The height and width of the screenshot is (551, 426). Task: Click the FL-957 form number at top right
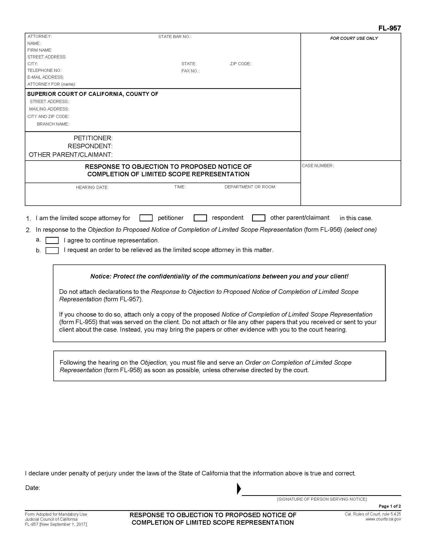(389, 28)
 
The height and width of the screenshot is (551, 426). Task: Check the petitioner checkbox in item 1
(146, 218)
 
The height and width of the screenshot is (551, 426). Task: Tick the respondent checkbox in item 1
(200, 218)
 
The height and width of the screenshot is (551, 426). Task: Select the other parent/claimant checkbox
(258, 218)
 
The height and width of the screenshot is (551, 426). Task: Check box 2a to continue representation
(52, 240)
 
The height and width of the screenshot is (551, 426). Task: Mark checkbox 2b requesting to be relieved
(52, 250)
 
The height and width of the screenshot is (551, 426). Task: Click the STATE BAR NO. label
(175, 37)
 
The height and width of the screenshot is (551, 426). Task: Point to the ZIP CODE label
(240, 64)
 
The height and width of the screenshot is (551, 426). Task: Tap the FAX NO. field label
(190, 71)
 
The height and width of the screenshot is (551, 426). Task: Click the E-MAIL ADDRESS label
(46, 77)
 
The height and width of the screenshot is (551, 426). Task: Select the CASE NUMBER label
(317, 166)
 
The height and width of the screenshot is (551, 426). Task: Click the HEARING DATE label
(92, 187)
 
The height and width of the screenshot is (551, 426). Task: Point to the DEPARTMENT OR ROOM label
(250, 187)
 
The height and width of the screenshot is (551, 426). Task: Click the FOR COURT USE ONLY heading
(354, 39)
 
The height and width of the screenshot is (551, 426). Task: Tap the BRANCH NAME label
(53, 124)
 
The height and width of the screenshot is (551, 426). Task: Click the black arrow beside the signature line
(239, 489)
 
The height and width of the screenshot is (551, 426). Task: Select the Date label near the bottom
(33, 488)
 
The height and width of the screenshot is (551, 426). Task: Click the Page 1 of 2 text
(389, 506)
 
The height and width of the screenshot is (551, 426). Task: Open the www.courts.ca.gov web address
(383, 519)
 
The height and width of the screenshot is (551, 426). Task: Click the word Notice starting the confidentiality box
(100, 277)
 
